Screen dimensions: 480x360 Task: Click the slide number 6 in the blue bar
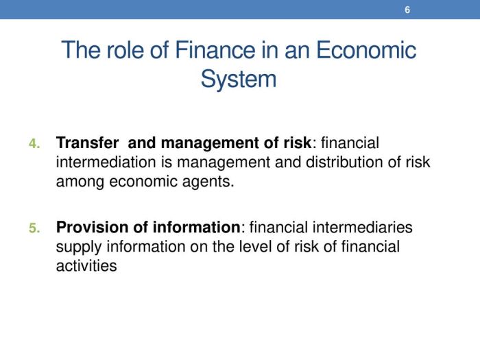pos(407,10)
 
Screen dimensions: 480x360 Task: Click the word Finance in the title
pos(215,50)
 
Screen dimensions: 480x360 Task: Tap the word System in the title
pos(239,80)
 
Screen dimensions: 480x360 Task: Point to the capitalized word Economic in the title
pos(365,50)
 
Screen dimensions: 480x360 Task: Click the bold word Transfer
pos(87,143)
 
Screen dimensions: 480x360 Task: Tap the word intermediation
pos(106,163)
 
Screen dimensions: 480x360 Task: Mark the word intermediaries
pos(363,228)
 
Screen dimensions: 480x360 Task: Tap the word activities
pos(86,266)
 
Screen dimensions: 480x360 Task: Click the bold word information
pos(197,228)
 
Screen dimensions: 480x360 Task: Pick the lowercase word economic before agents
pos(143,182)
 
